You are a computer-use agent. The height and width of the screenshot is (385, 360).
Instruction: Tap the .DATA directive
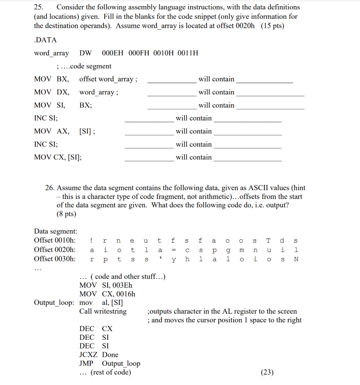tap(45, 40)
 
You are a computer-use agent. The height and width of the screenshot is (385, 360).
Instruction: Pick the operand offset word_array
tap(108, 79)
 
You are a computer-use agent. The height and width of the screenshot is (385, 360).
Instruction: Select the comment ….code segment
tap(84, 66)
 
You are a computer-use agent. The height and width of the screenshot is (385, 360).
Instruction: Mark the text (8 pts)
tap(66, 214)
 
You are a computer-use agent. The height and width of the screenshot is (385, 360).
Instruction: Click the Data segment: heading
tap(56, 231)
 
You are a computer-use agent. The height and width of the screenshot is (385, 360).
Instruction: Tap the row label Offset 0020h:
tap(55, 250)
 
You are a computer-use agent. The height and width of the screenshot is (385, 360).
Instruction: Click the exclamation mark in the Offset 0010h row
tap(92, 241)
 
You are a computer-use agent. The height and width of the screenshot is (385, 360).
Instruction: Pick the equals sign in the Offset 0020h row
tap(173, 250)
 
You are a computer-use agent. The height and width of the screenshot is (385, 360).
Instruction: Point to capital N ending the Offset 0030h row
tap(296, 259)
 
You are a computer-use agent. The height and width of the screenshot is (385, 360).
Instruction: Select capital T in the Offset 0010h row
tap(268, 241)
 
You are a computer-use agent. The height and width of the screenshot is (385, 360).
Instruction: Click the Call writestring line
tap(103, 311)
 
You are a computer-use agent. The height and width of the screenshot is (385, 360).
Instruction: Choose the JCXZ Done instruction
tap(99, 355)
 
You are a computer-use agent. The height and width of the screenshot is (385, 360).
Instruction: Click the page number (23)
tap(267, 372)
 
